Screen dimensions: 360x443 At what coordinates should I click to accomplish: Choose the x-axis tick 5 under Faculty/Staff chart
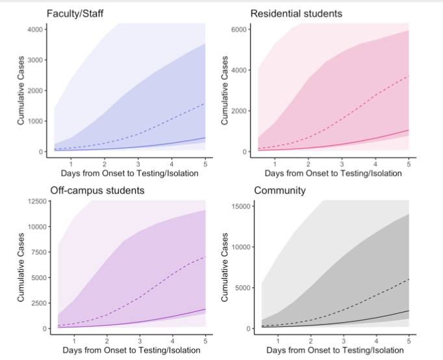click(205, 162)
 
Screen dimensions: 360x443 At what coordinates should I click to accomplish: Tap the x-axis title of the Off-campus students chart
click(127, 351)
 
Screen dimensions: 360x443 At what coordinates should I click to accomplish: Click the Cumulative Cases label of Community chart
click(225, 268)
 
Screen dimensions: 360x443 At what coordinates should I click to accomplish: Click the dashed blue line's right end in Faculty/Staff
click(205, 103)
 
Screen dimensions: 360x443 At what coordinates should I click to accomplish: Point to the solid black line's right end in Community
click(409, 311)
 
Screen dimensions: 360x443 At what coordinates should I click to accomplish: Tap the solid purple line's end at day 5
click(205, 309)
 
